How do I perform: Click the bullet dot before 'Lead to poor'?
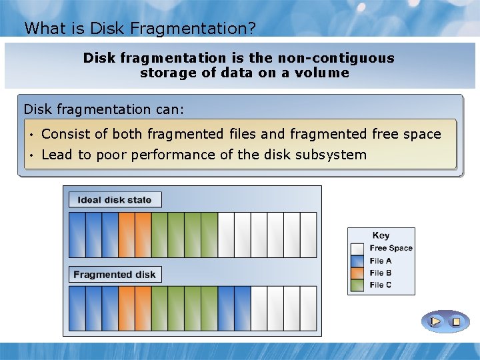pyautogui.click(x=32, y=156)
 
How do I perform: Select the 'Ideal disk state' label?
pyautogui.click(x=115, y=200)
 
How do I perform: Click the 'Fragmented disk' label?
pyautogui.click(x=115, y=275)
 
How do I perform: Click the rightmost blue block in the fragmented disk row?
pyautogui.click(x=243, y=309)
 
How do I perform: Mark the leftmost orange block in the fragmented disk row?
pyautogui.click(x=127, y=309)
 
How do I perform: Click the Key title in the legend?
pyautogui.click(x=381, y=235)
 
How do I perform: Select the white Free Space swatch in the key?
pyautogui.click(x=357, y=249)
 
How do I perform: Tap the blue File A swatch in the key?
pyautogui.click(x=357, y=261)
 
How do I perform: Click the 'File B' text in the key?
pyautogui.click(x=381, y=273)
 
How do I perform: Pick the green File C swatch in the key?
pyautogui.click(x=357, y=285)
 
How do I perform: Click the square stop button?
pyautogui.click(x=456, y=322)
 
